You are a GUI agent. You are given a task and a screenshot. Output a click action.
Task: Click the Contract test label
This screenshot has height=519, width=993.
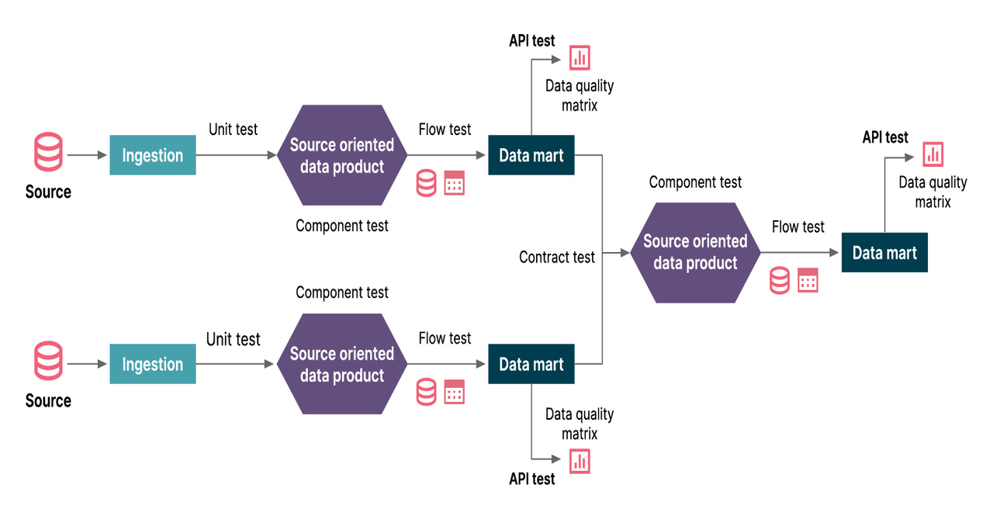pyautogui.click(x=556, y=257)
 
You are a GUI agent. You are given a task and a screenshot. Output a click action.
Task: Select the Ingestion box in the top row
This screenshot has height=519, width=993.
pyautogui.click(x=153, y=155)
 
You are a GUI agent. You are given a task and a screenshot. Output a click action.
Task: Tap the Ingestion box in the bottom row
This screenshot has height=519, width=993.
pyautogui.click(x=153, y=364)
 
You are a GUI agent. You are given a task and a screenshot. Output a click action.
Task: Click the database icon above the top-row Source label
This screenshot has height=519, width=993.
pyautogui.click(x=48, y=152)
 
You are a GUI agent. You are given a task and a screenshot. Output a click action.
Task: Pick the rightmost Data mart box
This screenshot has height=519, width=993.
pyautogui.click(x=884, y=253)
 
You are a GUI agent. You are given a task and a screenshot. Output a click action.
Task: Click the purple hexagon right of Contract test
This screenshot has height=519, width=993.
pyautogui.click(x=695, y=252)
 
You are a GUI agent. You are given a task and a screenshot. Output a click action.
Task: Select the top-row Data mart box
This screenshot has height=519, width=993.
pyautogui.click(x=531, y=155)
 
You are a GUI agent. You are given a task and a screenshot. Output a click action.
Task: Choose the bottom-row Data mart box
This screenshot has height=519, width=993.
pyautogui.click(x=531, y=364)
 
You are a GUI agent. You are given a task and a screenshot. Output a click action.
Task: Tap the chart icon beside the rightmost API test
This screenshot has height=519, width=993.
pyautogui.click(x=933, y=154)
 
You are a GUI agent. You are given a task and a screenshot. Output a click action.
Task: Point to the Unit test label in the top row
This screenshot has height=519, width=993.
pyautogui.click(x=233, y=129)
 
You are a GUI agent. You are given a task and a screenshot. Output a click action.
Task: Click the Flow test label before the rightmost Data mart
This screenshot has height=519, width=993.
pyautogui.click(x=798, y=227)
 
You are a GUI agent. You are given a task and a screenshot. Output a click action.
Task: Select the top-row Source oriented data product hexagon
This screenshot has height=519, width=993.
pyautogui.click(x=342, y=155)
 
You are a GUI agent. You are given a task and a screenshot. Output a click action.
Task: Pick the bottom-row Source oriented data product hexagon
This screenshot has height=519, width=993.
pyautogui.click(x=342, y=364)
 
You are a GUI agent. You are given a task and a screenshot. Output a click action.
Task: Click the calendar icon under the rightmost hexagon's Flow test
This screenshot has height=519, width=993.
pyautogui.click(x=808, y=280)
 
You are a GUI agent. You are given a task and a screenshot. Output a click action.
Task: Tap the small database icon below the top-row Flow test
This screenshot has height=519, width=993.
pyautogui.click(x=426, y=183)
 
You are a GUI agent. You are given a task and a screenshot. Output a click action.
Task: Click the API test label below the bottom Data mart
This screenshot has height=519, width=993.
pyautogui.click(x=531, y=479)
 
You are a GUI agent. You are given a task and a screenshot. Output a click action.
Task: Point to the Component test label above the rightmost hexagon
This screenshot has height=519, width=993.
pyautogui.click(x=695, y=182)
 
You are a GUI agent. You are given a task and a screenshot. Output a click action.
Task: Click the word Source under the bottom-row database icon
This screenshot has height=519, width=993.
pyautogui.click(x=48, y=400)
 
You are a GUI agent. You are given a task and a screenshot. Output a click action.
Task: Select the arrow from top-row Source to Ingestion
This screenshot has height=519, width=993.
pyautogui.click(x=87, y=155)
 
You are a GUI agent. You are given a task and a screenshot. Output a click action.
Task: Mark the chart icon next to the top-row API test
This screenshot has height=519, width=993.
pyautogui.click(x=580, y=57)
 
